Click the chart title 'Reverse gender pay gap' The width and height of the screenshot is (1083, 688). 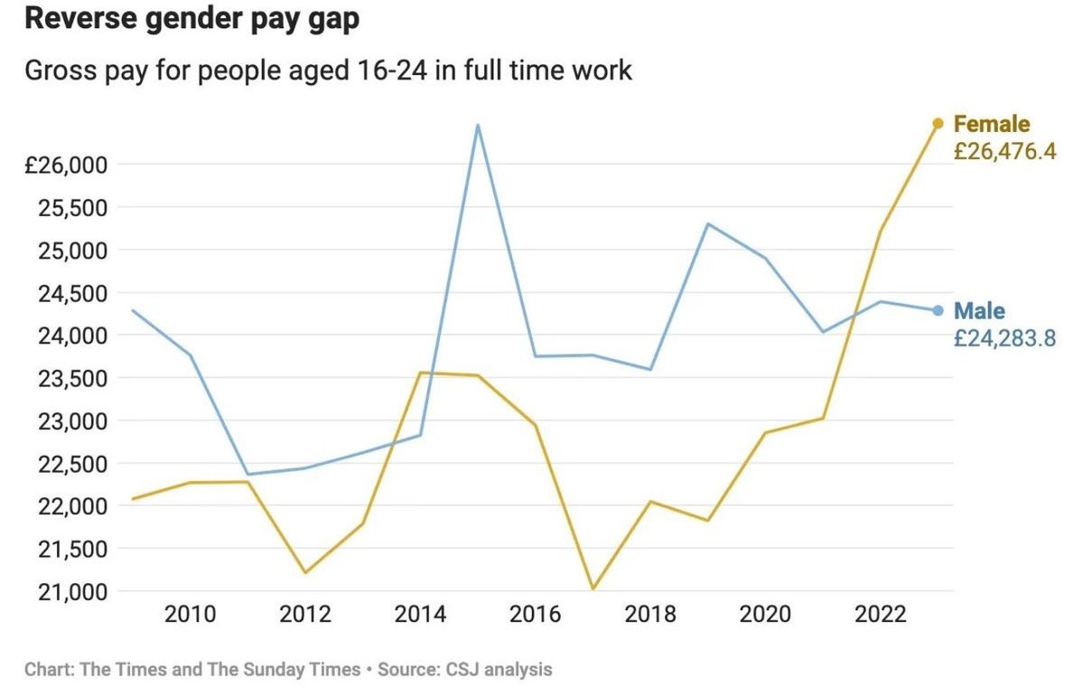192,19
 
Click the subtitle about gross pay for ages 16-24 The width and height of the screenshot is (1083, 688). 328,71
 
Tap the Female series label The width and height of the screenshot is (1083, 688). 991,124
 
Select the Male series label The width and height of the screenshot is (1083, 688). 979,311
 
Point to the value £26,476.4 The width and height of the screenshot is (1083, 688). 1005,151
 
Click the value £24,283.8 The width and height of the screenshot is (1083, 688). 1005,338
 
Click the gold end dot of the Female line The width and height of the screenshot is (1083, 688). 938,124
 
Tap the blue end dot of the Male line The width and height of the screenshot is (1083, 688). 938,311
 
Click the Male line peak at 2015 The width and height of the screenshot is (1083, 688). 477,125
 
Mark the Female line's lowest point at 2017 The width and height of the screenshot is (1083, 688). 593,589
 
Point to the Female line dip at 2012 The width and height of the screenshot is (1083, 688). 304,572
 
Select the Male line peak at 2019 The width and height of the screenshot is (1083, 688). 708,223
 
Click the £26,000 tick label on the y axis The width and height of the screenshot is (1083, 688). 66,165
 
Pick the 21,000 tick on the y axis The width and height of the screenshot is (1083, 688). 73,592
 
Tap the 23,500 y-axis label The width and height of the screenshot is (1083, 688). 73,378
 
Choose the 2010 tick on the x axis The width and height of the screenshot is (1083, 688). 190,614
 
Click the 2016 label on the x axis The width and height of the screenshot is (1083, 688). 536,614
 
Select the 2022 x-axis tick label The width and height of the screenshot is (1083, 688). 881,614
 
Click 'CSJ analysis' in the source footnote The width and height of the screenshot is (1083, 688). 499,670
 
